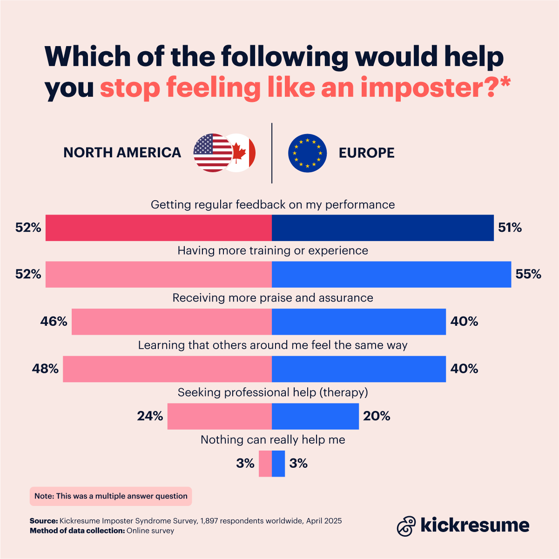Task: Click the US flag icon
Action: (212, 153)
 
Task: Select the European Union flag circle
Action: (307, 153)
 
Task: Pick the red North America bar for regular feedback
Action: (158, 228)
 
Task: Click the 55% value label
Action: (528, 275)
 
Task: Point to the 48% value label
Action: (45, 369)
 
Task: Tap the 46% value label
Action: (54, 322)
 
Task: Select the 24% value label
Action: (150, 416)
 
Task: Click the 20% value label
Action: (377, 416)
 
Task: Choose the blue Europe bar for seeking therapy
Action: (315, 416)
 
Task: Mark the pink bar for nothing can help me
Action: (265, 464)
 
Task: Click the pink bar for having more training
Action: (158, 275)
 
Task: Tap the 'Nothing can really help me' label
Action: (273, 440)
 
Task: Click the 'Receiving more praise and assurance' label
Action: (273, 298)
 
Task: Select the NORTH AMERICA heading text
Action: (122, 153)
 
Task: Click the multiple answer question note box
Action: (111, 496)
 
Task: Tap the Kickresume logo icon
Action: (406, 526)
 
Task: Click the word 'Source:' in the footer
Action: (44, 521)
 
